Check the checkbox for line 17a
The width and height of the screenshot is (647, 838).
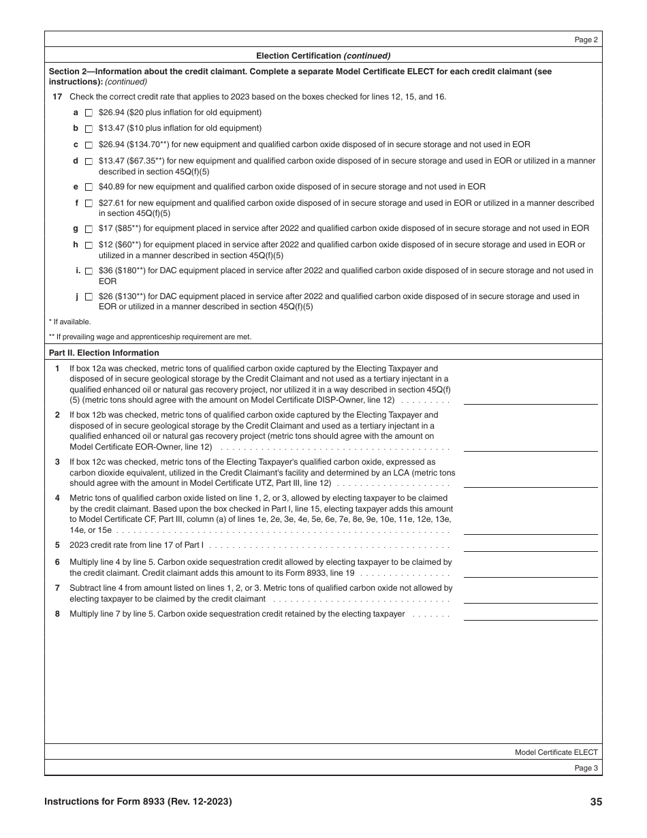tap(89, 113)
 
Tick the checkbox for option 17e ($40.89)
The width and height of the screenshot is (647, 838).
tap(89, 187)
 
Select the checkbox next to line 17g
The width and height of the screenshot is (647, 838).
tap(89, 229)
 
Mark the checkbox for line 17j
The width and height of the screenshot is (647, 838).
tap(89, 297)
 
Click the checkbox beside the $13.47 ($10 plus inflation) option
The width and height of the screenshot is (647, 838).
tap(89, 129)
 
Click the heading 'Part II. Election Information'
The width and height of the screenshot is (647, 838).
tap(104, 353)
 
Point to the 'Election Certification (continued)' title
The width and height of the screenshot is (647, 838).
tap(323, 56)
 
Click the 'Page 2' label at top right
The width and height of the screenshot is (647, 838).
tap(586, 40)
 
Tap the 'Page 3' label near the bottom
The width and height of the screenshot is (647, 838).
tap(586, 769)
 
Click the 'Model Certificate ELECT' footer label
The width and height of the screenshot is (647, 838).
tap(556, 752)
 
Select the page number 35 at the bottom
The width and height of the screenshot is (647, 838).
tap(596, 802)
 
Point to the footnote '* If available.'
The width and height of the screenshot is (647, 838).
tap(69, 322)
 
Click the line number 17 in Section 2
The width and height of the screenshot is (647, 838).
tap(57, 97)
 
